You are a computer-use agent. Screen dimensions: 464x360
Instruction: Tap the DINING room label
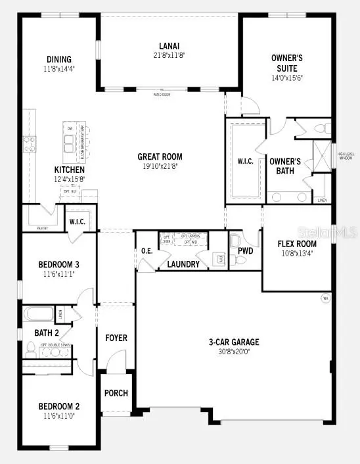pyautogui.click(x=58, y=59)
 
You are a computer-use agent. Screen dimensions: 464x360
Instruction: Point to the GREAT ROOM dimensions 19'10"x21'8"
pyautogui.click(x=160, y=166)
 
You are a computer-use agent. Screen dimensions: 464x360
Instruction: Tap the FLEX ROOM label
pyautogui.click(x=297, y=244)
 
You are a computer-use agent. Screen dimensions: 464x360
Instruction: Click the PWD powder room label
pyautogui.click(x=246, y=250)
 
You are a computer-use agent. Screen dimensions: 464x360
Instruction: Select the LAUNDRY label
pyautogui.click(x=183, y=265)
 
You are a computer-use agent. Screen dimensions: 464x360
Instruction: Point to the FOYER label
pyautogui.click(x=116, y=338)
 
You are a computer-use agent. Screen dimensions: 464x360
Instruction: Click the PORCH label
pyautogui.click(x=116, y=393)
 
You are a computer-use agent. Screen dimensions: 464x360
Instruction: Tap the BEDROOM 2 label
pyautogui.click(x=58, y=406)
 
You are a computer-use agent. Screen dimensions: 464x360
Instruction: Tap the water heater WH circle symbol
pyautogui.click(x=325, y=298)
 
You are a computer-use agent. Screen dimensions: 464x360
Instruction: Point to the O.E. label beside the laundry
pyautogui.click(x=147, y=250)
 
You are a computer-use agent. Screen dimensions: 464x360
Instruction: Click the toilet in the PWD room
pyautogui.click(x=238, y=260)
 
